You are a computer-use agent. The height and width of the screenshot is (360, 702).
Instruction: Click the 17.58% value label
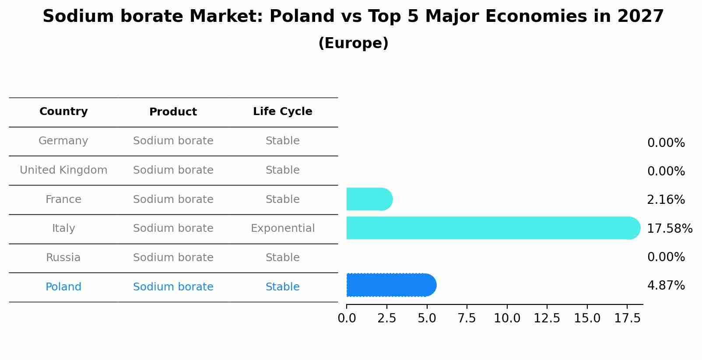[x=669, y=228]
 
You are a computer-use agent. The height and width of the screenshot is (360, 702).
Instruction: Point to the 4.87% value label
[x=666, y=286]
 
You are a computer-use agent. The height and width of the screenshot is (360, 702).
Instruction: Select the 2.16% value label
[x=666, y=200]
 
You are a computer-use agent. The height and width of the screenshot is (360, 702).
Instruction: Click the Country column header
[x=63, y=112]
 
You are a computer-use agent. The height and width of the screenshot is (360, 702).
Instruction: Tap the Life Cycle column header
[x=282, y=112]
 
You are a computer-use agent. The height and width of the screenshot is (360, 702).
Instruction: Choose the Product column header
[x=173, y=112]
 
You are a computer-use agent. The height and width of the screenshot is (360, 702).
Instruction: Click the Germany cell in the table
[x=63, y=141]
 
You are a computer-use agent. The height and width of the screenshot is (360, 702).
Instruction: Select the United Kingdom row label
[x=63, y=170]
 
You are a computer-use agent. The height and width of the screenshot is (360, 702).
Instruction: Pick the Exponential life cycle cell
[x=282, y=228]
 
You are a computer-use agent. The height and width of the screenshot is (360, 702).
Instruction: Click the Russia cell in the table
[x=63, y=258]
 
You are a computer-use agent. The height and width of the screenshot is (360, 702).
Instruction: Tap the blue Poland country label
[x=63, y=287]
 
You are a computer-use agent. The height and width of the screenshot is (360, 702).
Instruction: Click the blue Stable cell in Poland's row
[x=282, y=287]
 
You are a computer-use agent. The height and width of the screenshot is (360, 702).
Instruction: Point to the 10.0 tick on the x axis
[x=507, y=318]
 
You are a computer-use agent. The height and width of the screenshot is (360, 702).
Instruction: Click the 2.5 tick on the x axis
[x=386, y=318]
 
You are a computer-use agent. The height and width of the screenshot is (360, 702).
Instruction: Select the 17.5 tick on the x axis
[x=627, y=318]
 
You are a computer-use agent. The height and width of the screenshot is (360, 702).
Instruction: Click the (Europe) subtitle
[x=353, y=43]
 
